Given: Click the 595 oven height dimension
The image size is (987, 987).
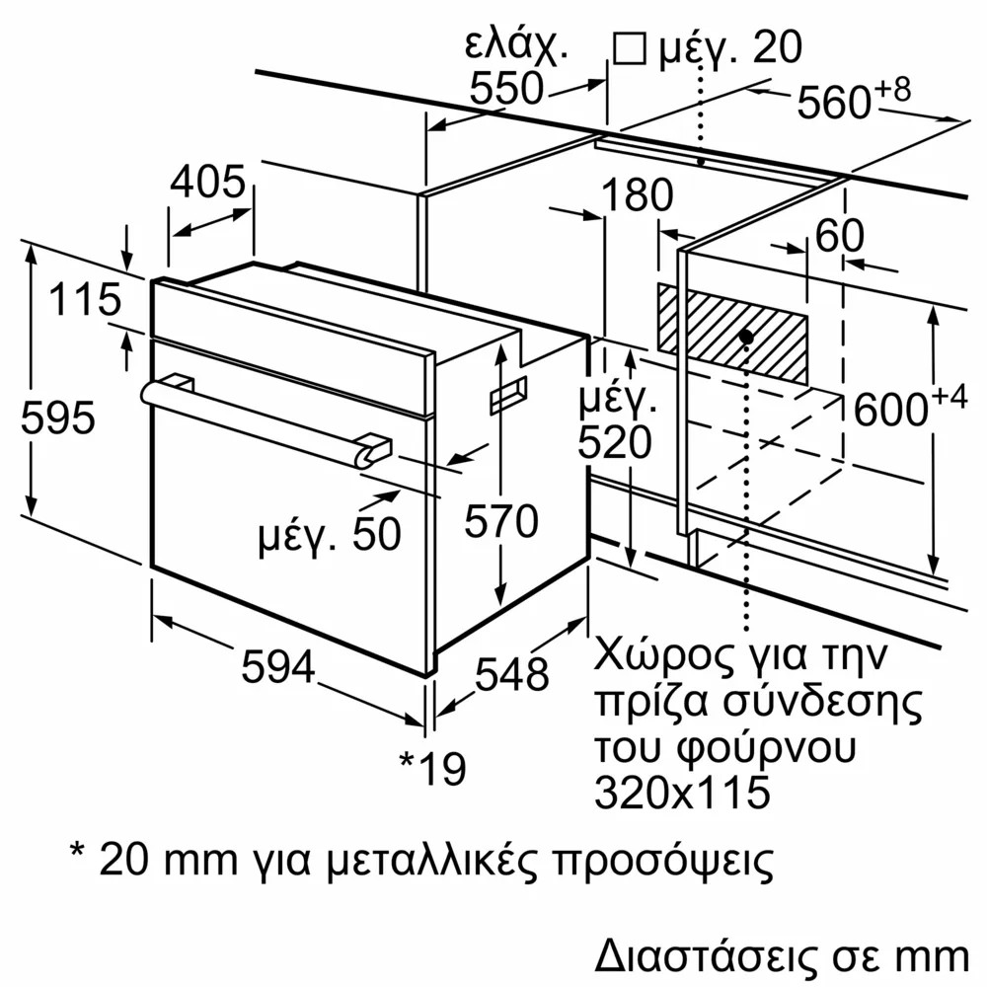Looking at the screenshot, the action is tap(58, 418).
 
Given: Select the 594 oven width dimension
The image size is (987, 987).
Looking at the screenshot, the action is tap(278, 666).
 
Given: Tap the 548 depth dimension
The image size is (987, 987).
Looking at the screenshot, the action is tap(511, 673).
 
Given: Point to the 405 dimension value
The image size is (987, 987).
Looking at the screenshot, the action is tap(207, 182).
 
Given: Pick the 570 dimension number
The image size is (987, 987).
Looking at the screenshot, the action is tap(501, 520).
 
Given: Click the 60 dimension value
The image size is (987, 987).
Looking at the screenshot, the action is tap(840, 236).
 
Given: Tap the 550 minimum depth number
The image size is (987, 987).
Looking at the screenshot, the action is tap(506, 87).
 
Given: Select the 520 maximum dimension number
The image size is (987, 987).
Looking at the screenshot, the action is tap(614, 442).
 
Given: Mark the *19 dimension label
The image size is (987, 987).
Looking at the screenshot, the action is tap(433, 768).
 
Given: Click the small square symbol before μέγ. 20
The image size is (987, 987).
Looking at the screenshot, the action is tap(630, 48).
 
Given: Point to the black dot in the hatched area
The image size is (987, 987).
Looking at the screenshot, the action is tap(746, 337).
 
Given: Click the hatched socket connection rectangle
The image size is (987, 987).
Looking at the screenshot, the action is tap(732, 334).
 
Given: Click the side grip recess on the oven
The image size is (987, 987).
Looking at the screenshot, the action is tap(508, 395).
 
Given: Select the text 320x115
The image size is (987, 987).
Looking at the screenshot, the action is tap(682, 792).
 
